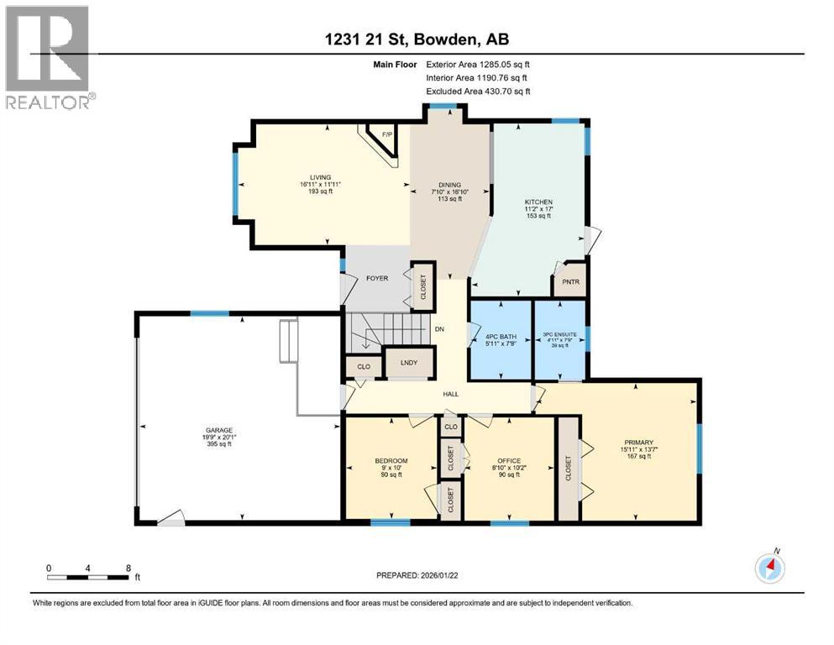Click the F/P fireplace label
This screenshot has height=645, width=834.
(x=386, y=134)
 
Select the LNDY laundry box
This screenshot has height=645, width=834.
(x=396, y=363)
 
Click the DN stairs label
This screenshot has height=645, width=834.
(x=438, y=329)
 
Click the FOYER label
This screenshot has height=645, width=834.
(x=377, y=278)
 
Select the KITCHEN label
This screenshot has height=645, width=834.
(x=538, y=202)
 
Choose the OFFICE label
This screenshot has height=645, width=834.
(x=509, y=461)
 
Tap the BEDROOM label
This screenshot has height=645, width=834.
(x=391, y=460)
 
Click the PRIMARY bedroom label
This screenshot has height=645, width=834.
(x=639, y=443)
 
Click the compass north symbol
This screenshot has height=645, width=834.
(x=769, y=569)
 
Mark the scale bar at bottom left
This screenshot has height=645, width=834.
(x=88, y=576)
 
